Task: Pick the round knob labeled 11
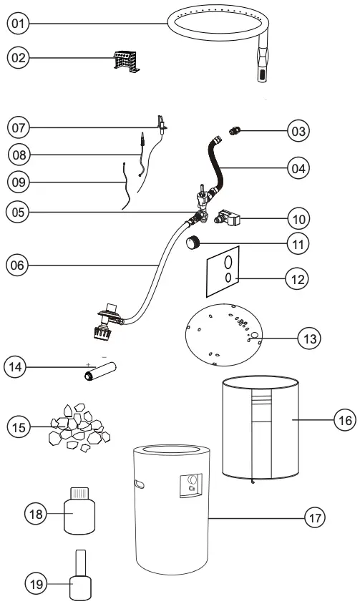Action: [192, 244]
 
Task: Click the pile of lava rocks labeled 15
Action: [76, 427]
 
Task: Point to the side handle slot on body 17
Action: [138, 484]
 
